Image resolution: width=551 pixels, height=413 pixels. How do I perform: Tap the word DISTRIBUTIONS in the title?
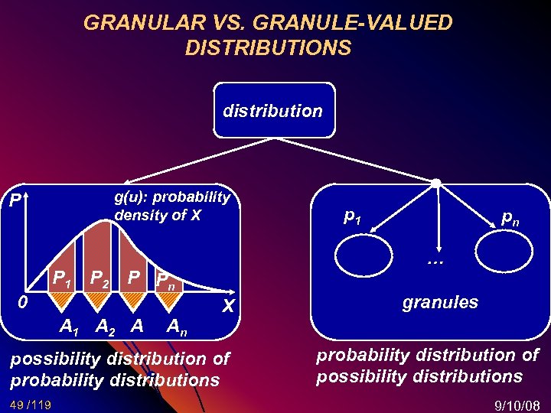268,48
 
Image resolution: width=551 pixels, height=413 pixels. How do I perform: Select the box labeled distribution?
272,111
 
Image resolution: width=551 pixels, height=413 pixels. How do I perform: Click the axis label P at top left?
15,201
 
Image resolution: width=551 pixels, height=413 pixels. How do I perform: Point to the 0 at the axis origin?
23,303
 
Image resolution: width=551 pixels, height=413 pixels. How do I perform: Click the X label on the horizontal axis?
227,307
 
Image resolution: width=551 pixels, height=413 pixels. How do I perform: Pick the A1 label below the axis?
70,327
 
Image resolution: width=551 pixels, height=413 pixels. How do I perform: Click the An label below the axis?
175,328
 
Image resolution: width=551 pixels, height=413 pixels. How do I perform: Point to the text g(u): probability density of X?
171,206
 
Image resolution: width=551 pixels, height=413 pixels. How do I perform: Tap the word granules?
440,302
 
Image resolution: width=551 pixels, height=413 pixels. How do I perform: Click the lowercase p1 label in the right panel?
353,217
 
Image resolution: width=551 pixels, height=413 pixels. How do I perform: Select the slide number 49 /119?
31,403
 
